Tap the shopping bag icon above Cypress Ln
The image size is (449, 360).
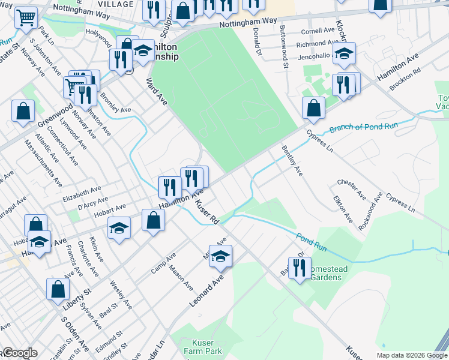tap(313, 108)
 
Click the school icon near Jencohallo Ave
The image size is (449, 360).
tap(344, 53)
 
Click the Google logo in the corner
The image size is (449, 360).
tap(20, 353)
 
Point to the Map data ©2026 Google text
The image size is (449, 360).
tap(411, 355)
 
